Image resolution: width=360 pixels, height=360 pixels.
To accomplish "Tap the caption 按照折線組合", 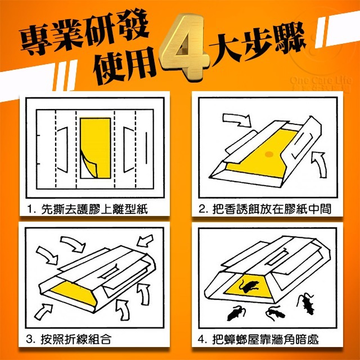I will click(75, 339).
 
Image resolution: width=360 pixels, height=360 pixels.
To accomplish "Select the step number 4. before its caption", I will click(203, 339).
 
